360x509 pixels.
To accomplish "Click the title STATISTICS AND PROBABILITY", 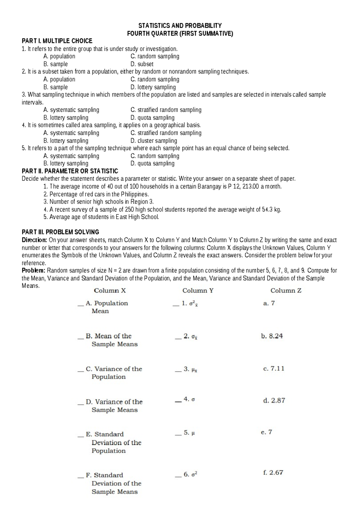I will tap(180, 26).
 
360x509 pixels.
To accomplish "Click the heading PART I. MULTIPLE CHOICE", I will tap(57, 41).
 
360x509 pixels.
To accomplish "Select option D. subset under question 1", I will tap(142, 64).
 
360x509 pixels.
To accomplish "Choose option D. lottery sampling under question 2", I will tap(153, 87).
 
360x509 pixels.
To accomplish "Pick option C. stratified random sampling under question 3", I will tap(166, 110).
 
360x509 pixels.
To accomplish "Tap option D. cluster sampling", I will tap(154, 140).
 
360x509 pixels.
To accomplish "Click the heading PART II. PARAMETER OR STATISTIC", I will tap(70, 171).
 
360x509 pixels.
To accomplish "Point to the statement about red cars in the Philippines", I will tap(99, 194).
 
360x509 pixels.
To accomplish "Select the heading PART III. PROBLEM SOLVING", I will tap(60, 232).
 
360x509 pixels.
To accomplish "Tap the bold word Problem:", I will tap(34, 270).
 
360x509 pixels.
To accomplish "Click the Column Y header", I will tap(198, 291).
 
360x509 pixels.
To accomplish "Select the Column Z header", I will tap(286, 291).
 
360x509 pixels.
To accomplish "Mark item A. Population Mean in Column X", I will tap(107, 307).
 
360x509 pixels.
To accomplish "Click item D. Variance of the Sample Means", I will tap(114, 405).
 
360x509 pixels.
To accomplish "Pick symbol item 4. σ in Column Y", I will tap(189, 399).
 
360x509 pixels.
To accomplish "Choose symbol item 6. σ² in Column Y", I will tap(190, 474).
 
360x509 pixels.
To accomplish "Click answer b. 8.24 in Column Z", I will tap(272, 336).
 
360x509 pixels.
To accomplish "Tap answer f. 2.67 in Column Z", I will tap(273, 473).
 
